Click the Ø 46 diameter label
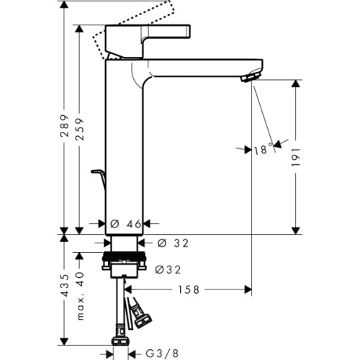coord(125,225)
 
